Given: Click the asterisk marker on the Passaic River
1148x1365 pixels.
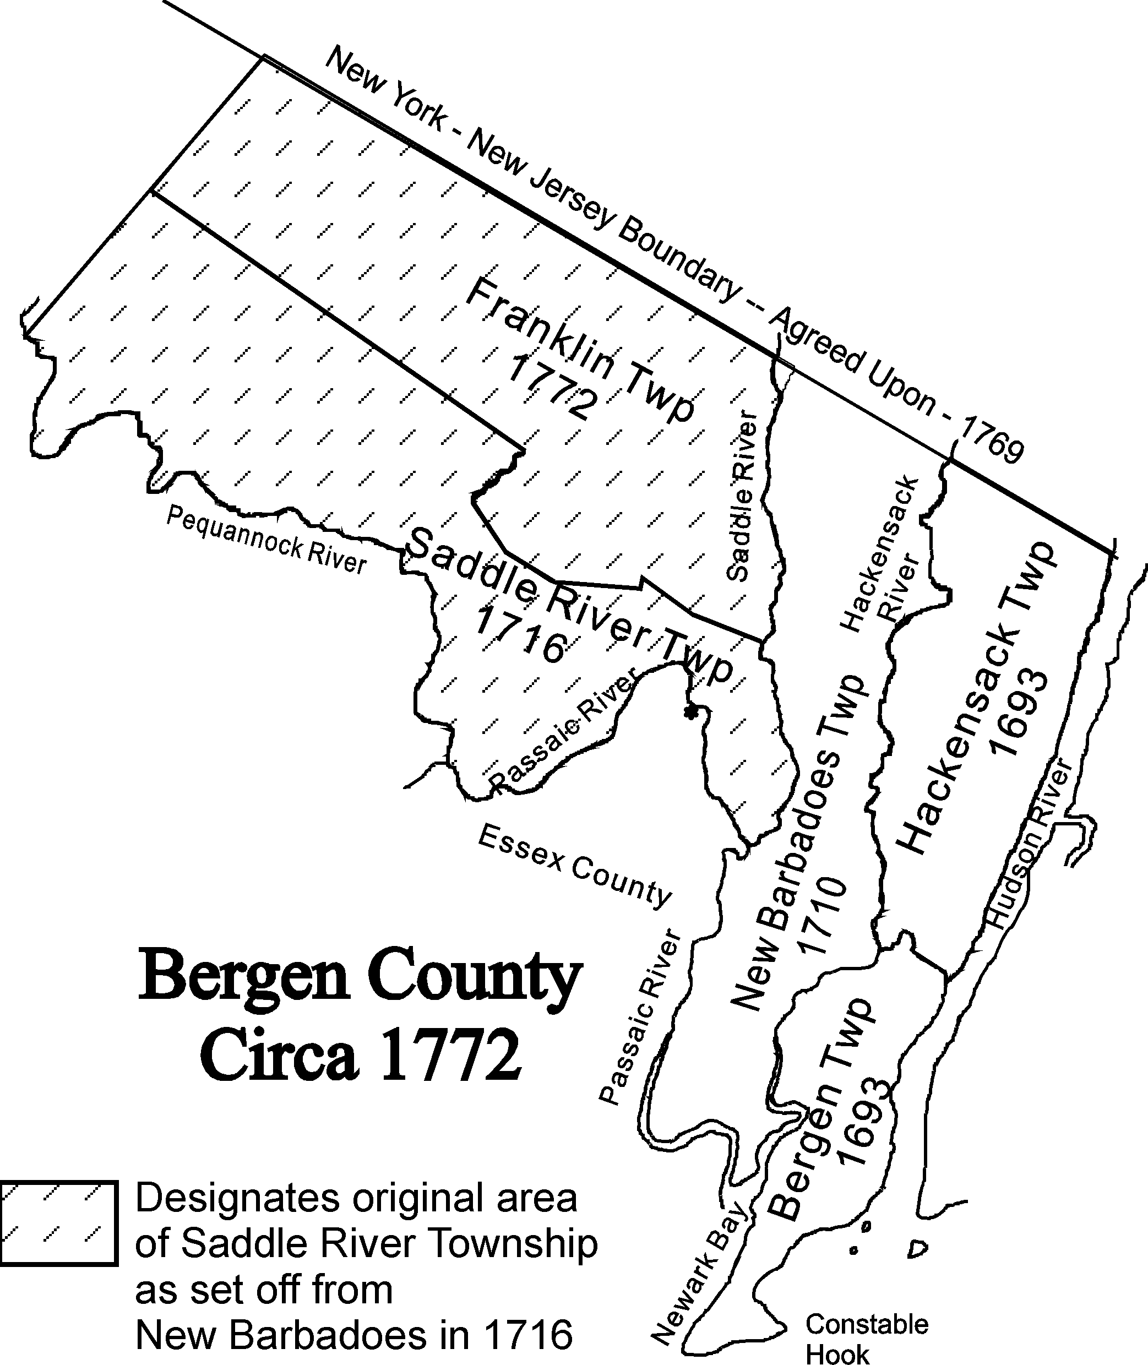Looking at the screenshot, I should tap(690, 712).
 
